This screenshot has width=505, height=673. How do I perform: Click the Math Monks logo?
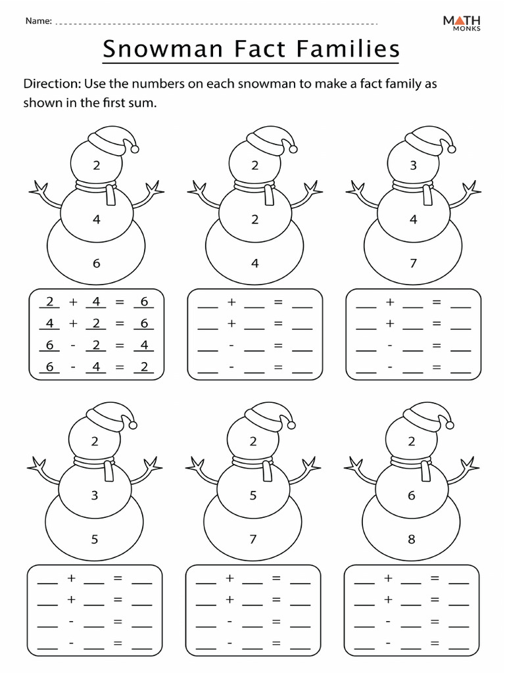(x=461, y=23)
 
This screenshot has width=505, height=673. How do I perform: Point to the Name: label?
(x=38, y=21)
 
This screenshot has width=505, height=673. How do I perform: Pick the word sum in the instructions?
(x=145, y=103)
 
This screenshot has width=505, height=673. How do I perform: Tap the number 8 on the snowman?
(x=412, y=540)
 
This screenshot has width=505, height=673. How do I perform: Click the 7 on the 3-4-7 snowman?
(x=413, y=264)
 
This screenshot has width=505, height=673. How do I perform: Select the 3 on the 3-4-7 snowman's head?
(x=413, y=166)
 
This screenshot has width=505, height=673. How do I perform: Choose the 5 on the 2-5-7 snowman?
(x=253, y=496)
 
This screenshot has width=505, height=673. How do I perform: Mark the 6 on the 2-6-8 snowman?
(x=412, y=496)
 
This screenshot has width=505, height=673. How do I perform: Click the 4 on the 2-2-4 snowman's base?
(x=255, y=264)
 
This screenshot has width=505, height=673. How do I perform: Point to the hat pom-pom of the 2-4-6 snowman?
(x=135, y=149)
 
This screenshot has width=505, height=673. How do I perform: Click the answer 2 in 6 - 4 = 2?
(x=143, y=367)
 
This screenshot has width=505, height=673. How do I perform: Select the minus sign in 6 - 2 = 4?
(x=73, y=345)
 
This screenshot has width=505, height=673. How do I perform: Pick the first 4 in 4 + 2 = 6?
(x=49, y=323)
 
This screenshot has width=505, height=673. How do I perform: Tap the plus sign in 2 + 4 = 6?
(x=73, y=302)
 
